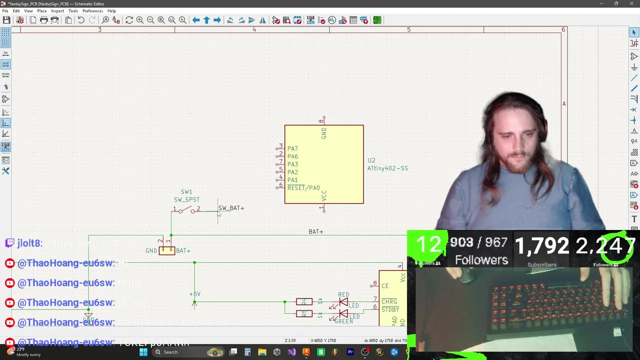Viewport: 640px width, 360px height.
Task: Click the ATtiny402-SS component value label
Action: tap(387, 168)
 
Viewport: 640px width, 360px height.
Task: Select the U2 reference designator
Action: tap(371, 160)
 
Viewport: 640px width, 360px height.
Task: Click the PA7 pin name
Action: tap(292, 148)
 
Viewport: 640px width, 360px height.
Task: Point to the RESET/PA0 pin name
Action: tap(303, 188)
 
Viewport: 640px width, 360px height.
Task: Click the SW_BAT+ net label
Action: tap(231, 208)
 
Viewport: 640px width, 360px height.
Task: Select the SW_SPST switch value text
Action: tap(186, 200)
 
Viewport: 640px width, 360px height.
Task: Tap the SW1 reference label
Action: tap(186, 192)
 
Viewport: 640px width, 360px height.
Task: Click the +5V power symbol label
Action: tap(194, 294)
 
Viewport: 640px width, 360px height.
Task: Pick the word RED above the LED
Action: tap(343, 295)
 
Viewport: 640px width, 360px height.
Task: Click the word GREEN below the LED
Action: tap(343, 321)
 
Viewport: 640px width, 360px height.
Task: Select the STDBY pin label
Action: tap(390, 309)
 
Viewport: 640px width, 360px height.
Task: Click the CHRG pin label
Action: tap(389, 301)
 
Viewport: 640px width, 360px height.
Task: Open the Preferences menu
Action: tap(92, 11)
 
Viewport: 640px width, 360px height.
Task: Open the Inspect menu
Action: tap(57, 11)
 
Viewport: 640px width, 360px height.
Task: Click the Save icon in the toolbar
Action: tap(6, 20)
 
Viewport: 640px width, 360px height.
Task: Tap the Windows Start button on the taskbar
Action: tap(143, 352)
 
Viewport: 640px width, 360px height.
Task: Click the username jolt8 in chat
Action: tap(29, 243)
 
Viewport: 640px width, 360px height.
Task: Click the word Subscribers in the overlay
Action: tap(542, 265)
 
